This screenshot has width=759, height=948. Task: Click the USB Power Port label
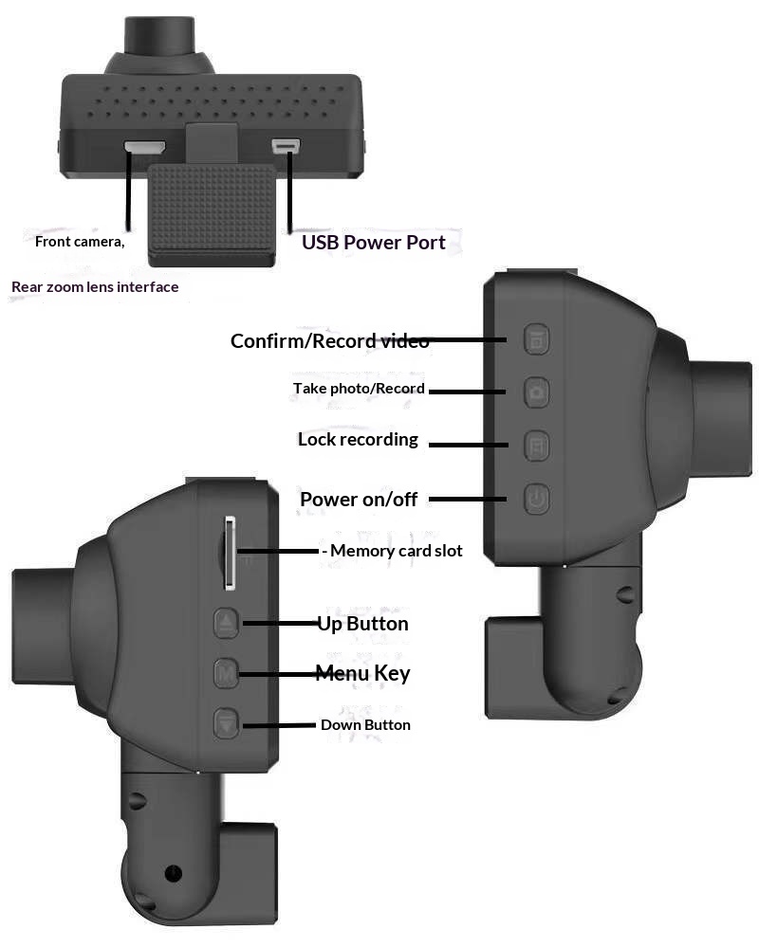coord(373,243)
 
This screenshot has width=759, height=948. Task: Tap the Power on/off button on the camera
coord(537,499)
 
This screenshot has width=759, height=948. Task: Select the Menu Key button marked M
coord(226,674)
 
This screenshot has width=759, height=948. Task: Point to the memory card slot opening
coord(229,551)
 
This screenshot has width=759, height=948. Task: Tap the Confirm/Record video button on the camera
coord(537,339)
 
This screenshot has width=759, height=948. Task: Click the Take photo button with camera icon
coord(537,391)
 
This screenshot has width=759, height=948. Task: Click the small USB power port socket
coord(286,146)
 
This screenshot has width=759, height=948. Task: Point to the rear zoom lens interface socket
coord(144,148)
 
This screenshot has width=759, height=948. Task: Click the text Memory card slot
coord(396,551)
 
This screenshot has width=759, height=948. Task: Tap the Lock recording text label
coord(358,440)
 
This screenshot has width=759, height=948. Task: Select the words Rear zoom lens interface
coord(95,286)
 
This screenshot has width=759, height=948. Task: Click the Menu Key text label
coord(362,674)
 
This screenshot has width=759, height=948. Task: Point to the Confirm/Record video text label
coord(329,341)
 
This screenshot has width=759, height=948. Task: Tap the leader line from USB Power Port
coord(287,190)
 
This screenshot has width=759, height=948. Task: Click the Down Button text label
coord(365,725)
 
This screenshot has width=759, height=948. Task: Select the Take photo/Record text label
coord(359,389)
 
